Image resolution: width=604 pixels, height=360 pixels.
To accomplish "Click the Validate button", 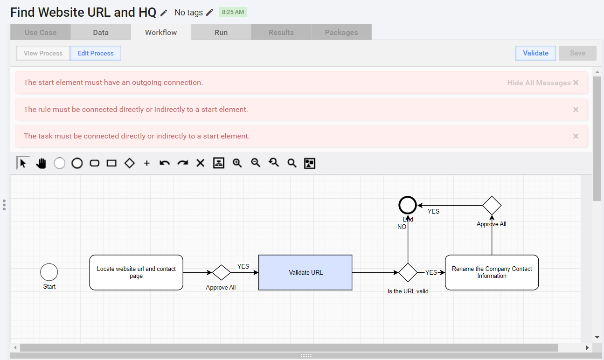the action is (535, 53).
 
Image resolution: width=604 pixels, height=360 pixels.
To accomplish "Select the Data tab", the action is (101, 32).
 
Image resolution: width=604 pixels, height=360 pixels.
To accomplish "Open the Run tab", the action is (221, 32).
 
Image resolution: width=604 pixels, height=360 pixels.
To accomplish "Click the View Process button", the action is (43, 53).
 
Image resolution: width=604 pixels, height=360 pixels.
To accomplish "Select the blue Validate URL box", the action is (305, 272).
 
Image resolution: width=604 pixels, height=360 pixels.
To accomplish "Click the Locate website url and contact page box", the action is (136, 272).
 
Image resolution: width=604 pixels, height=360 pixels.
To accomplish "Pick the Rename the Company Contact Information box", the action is (492, 272).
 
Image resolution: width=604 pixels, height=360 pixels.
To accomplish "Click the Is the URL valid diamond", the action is (408, 273).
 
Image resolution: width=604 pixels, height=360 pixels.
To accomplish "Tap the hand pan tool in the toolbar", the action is (41, 163).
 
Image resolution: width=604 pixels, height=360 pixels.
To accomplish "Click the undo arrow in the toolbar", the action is (165, 163).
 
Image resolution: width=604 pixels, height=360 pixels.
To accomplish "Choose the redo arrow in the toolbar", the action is (182, 163).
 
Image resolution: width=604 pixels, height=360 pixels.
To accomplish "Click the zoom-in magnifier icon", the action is (237, 163).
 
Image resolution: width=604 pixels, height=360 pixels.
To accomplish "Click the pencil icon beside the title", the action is (164, 13).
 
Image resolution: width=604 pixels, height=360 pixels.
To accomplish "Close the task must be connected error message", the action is (576, 136).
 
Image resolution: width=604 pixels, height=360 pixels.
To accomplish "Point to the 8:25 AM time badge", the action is (233, 12).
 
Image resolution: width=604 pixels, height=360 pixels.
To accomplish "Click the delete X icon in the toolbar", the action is (201, 163).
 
